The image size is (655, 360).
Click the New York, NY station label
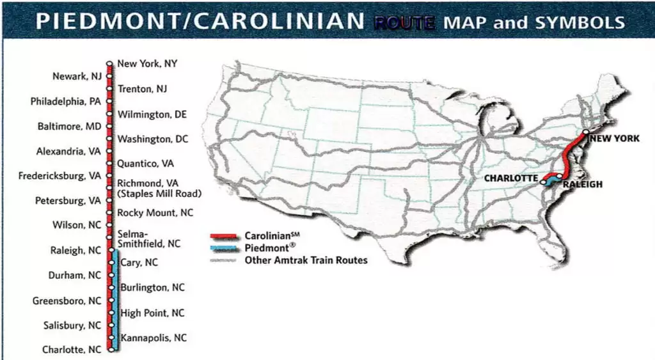(147, 64)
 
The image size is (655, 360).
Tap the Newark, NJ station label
(77, 77)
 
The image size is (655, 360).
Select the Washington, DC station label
(152, 139)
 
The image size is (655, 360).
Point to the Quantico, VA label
(145, 164)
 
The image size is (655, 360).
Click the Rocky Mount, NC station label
(155, 213)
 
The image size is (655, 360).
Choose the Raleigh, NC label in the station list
(75, 251)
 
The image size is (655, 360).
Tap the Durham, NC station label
(75, 276)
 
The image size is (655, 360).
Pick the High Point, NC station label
(152, 313)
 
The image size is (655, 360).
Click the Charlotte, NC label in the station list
(72, 350)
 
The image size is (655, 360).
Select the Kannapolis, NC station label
(154, 338)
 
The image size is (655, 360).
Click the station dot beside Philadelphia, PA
(109, 101)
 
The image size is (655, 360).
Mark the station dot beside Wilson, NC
(109, 225)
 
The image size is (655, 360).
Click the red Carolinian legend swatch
(225, 236)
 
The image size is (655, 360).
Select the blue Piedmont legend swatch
(225, 248)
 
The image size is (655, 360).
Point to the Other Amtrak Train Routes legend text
(306, 260)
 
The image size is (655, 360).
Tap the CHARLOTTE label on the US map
(510, 178)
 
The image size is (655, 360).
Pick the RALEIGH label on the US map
(583, 185)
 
